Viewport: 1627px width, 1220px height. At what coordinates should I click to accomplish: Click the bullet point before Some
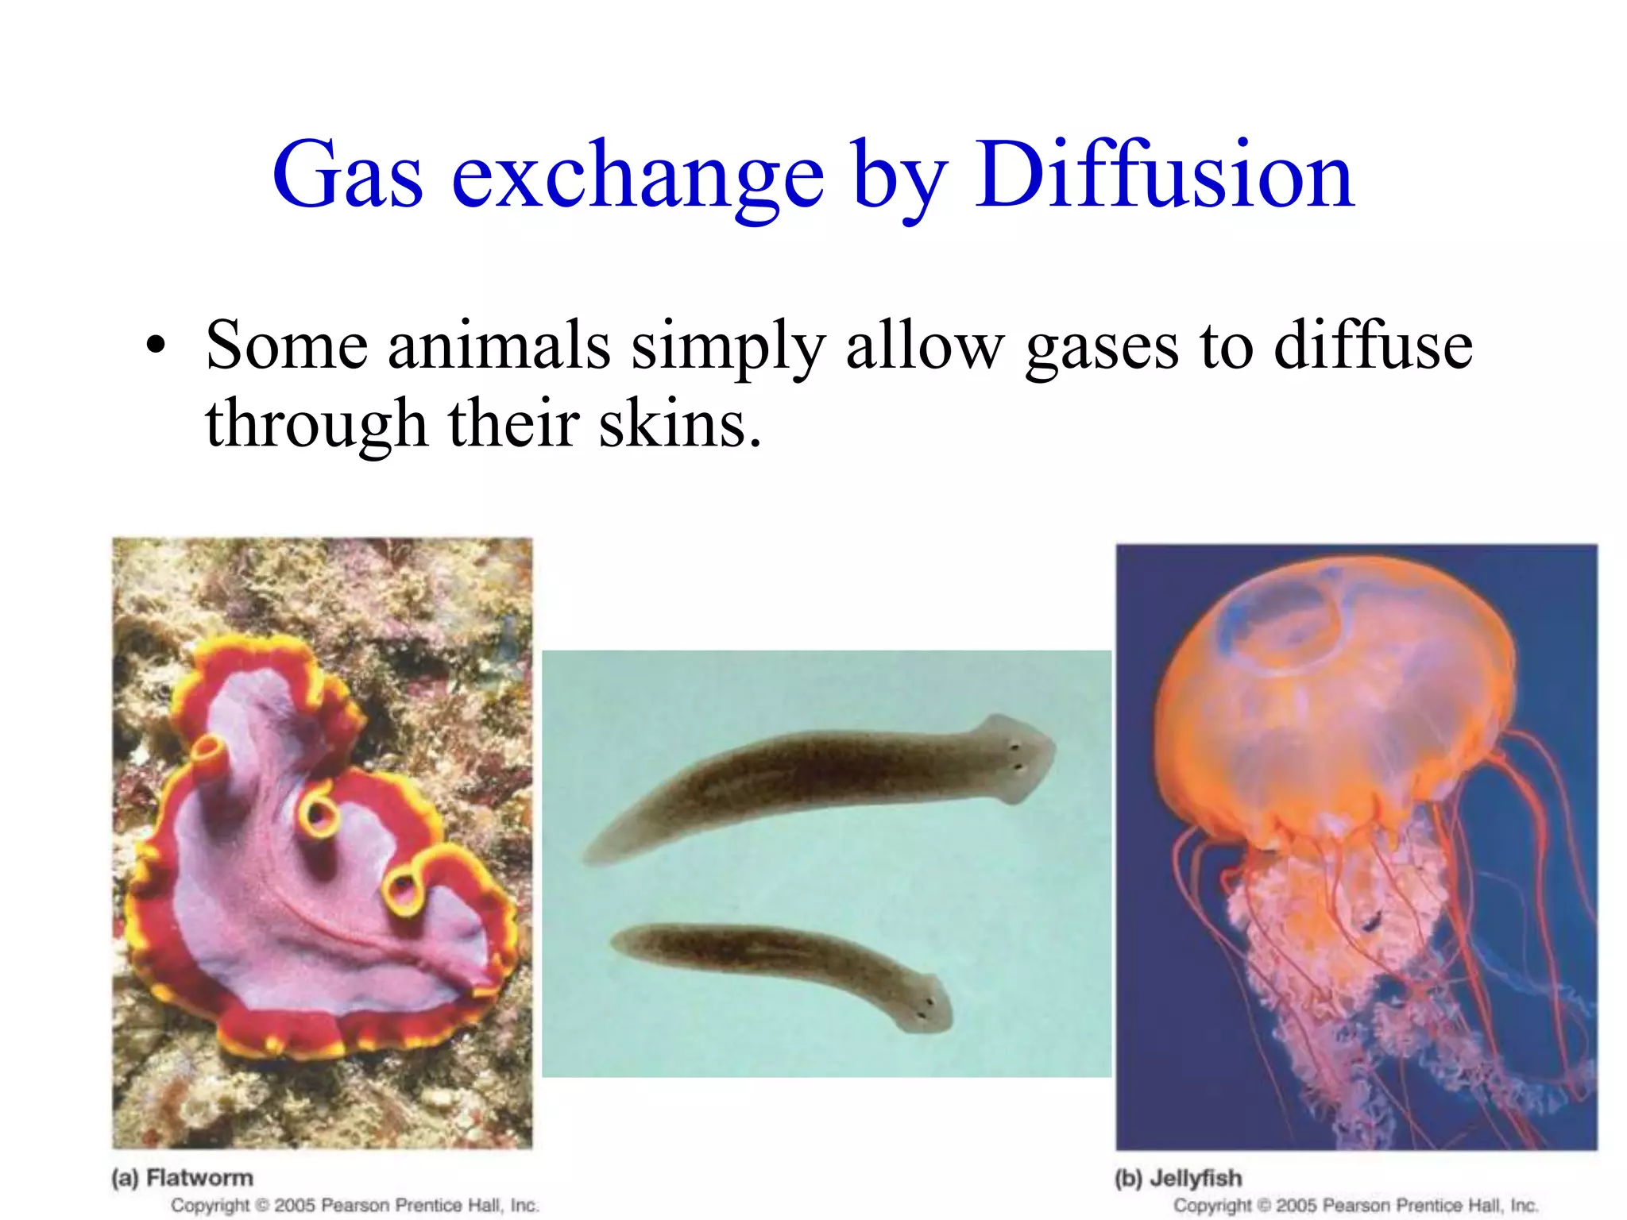point(157,346)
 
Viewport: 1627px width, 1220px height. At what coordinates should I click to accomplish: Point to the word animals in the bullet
point(499,346)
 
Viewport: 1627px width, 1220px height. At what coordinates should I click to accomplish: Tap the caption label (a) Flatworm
point(183,1177)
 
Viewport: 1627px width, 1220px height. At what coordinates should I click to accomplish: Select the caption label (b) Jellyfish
point(1178,1177)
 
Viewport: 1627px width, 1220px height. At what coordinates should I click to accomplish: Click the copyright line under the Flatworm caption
point(355,1205)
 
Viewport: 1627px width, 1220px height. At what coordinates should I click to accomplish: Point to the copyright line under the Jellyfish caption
point(1356,1205)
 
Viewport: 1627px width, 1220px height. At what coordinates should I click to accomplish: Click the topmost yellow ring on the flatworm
point(210,751)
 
